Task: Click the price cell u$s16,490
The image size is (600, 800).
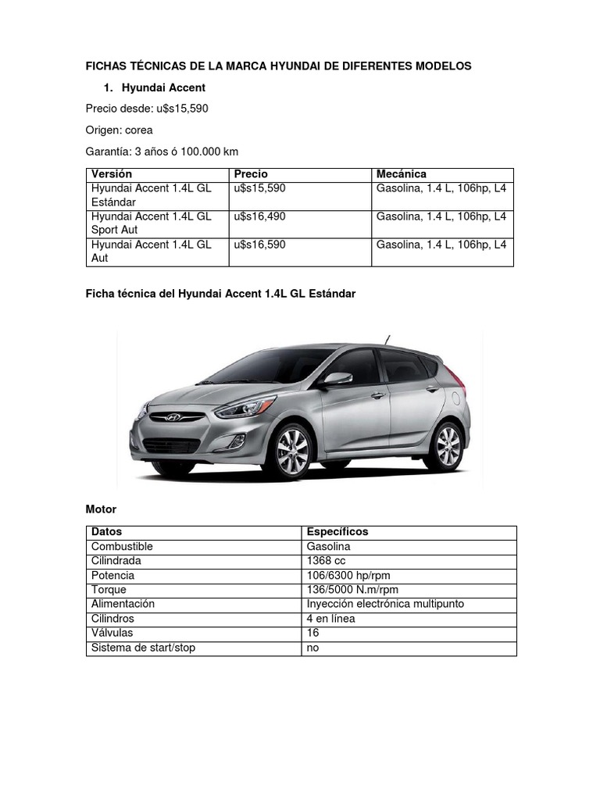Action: tap(259, 216)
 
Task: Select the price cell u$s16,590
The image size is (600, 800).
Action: tap(259, 245)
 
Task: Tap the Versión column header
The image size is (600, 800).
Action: tap(112, 174)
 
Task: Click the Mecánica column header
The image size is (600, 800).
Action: tap(401, 174)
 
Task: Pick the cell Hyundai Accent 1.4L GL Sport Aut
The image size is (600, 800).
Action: tap(152, 223)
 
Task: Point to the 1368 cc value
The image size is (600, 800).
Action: tap(327, 561)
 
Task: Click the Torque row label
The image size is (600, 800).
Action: tap(109, 590)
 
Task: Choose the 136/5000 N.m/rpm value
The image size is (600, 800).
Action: tap(352, 590)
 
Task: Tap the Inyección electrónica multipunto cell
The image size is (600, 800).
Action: tap(386, 604)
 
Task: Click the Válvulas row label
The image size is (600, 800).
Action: tap(112, 633)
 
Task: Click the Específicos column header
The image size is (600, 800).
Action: tap(337, 532)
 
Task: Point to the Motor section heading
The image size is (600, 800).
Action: tap(101, 509)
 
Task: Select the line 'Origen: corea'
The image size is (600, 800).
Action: tap(119, 130)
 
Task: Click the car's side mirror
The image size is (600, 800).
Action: tap(339, 379)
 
